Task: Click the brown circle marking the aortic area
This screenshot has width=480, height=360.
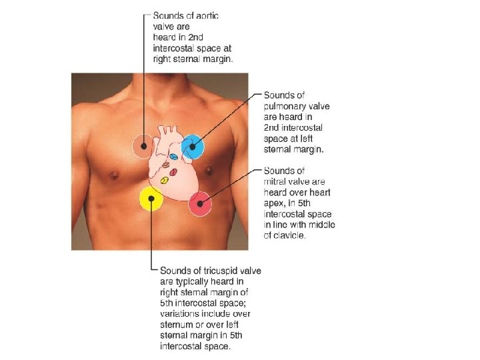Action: pyautogui.click(x=142, y=146)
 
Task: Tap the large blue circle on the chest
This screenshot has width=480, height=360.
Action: pyautogui.click(x=191, y=147)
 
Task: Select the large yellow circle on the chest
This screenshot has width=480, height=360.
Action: pyautogui.click(x=151, y=199)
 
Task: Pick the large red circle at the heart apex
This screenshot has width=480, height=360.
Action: pyautogui.click(x=200, y=204)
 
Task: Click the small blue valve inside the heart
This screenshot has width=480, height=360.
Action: pyautogui.click(x=173, y=157)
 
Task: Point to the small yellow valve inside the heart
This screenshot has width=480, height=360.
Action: pyautogui.click(x=164, y=181)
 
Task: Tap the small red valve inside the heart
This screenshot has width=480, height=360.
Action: pyautogui.click(x=173, y=172)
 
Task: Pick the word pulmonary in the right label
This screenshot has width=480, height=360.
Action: pyautogui.click(x=287, y=107)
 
